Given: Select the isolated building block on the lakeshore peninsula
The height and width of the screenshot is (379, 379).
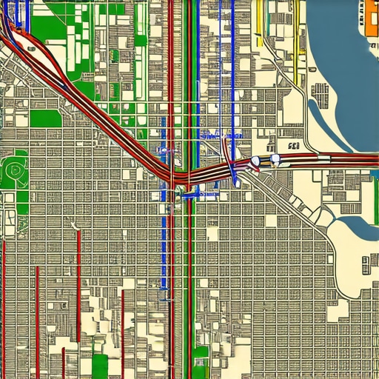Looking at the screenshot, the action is click(x=321, y=92).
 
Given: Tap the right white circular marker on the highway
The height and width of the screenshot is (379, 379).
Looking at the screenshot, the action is click(x=275, y=158).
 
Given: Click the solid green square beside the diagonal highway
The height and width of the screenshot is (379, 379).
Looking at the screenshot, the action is click(x=44, y=118).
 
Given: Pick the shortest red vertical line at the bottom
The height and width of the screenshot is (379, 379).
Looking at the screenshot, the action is click(x=64, y=363).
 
